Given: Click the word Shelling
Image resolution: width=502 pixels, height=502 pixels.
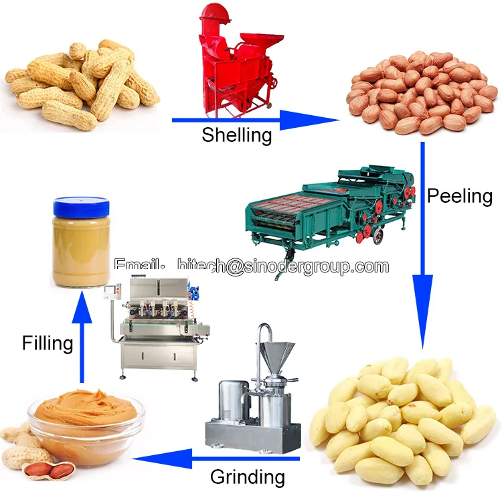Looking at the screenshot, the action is tap(237, 135).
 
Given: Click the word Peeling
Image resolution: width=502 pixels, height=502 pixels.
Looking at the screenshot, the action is tap(459, 196).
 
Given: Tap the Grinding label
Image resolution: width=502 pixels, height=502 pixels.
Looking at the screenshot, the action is tap(247, 477).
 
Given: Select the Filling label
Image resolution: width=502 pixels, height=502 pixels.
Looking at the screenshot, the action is tap(47, 343).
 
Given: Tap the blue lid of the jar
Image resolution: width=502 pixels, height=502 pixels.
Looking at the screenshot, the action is tap(81, 205).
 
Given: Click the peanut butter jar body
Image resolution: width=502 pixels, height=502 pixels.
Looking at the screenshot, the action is tap(81, 247).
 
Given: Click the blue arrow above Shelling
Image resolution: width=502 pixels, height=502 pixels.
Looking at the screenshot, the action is tap(254, 120).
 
